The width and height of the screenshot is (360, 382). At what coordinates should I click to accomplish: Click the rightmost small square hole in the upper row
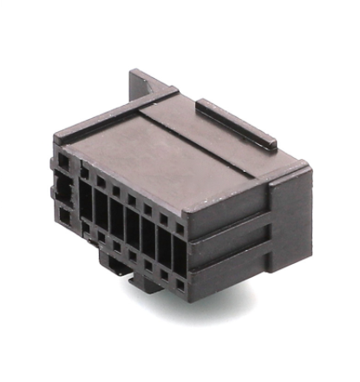tap(180, 227)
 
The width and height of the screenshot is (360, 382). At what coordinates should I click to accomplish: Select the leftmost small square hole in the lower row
tap(85, 228)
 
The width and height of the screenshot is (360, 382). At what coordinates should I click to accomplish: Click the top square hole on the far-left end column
tap(62, 162)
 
